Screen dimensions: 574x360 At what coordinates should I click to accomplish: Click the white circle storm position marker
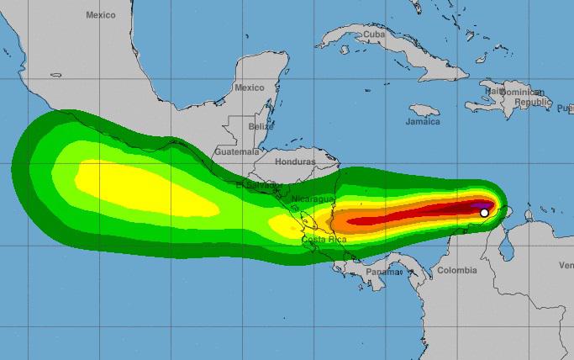484,213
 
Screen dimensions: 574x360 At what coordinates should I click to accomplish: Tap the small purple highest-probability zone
480,204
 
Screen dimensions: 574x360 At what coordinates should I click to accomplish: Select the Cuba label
373,34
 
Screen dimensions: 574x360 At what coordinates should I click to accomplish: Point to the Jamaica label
422,122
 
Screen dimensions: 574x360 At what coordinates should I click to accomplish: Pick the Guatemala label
237,151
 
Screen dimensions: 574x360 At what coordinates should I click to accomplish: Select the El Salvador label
252,185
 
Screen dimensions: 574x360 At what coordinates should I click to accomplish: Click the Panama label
384,272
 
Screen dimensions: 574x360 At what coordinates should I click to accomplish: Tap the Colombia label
456,270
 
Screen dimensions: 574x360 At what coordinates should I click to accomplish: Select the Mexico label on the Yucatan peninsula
250,87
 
